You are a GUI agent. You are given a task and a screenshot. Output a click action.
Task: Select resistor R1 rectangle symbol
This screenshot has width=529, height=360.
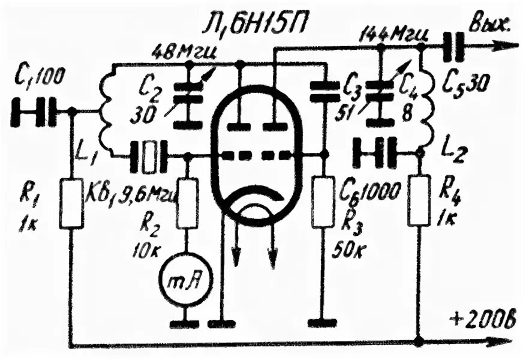pyautogui.click(x=71, y=202)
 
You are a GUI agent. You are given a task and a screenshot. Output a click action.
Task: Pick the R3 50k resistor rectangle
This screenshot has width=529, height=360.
pyautogui.click(x=323, y=202)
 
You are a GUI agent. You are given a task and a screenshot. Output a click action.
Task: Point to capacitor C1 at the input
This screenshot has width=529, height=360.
pyautogui.click(x=37, y=112)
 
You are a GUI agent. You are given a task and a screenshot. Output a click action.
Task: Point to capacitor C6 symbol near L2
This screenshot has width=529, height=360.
pyautogui.click(x=376, y=154)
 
